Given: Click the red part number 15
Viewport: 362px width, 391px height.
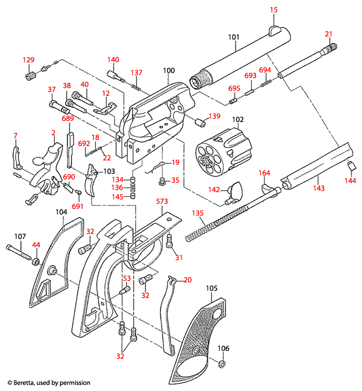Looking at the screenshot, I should click(x=273, y=10).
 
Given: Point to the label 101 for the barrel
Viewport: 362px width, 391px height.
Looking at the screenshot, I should click(x=234, y=37).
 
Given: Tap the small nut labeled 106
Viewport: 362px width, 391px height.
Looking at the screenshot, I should click(x=221, y=365).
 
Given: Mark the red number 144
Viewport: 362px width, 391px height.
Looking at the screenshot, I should click(x=350, y=180).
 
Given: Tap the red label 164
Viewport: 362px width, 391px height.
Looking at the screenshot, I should click(x=264, y=173).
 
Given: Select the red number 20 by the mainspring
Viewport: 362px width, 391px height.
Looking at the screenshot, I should click(x=187, y=280).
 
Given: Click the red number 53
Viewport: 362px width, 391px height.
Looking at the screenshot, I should click(x=127, y=278).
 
